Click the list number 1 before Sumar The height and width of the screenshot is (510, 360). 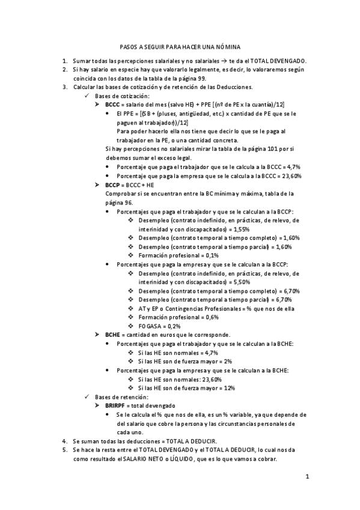(65, 61)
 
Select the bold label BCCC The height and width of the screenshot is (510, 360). (112, 104)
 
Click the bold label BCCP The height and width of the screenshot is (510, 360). (112, 185)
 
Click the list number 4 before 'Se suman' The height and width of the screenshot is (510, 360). (65, 441)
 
